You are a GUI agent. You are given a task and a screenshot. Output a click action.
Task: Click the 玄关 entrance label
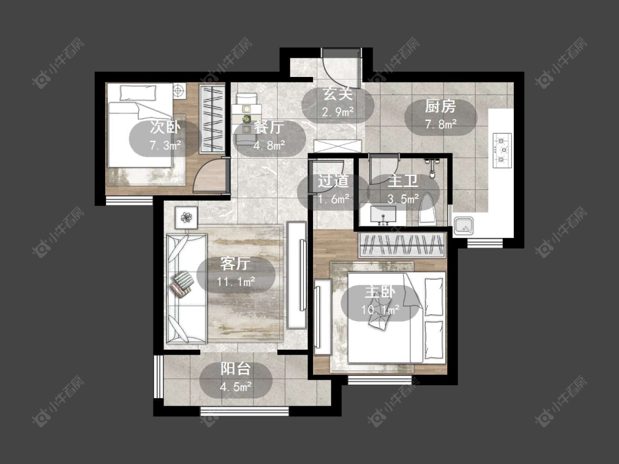click(x=337, y=94)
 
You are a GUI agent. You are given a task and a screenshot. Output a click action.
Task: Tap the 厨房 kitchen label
click(x=441, y=106)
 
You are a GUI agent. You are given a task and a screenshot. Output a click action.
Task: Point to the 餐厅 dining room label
click(x=269, y=128)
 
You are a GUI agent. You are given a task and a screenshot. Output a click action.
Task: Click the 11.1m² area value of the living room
click(x=235, y=281)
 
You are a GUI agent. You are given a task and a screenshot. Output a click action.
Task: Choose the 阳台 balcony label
click(x=235, y=368)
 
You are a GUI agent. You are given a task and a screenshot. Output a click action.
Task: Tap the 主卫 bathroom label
click(x=403, y=181)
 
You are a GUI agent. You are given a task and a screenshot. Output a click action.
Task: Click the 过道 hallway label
click(x=333, y=181)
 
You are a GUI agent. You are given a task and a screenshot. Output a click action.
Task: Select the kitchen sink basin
click(x=463, y=226)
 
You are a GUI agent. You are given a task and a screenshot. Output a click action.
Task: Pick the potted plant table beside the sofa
click(x=187, y=217)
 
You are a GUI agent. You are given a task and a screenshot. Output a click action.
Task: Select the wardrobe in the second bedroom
click(x=212, y=119)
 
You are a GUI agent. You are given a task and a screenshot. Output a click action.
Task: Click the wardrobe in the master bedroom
click(x=402, y=245)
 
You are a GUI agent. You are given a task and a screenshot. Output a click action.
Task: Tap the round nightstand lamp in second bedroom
click(x=178, y=91)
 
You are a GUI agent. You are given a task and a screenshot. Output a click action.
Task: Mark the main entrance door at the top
click(x=341, y=68)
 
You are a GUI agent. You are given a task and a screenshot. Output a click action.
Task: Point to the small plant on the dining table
click(x=246, y=118)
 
